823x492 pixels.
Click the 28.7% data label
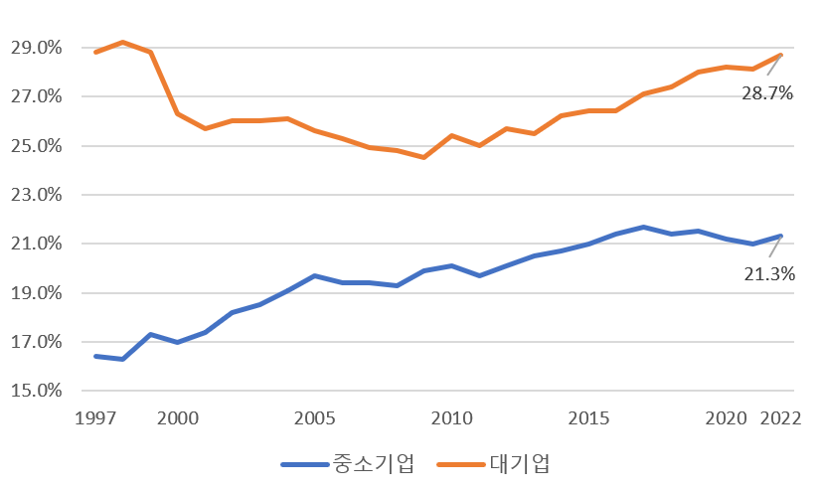766,93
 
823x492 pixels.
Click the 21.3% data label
769,274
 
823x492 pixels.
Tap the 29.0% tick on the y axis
37,48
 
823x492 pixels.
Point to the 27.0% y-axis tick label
37,97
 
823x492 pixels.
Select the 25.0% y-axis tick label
37,146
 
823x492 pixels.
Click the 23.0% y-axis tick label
37,195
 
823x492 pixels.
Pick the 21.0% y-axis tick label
37,245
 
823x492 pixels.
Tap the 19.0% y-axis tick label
37,293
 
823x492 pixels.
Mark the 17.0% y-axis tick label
37,342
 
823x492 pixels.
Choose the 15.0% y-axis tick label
37,391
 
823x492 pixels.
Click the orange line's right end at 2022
781,55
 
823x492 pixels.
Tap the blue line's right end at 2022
781,236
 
